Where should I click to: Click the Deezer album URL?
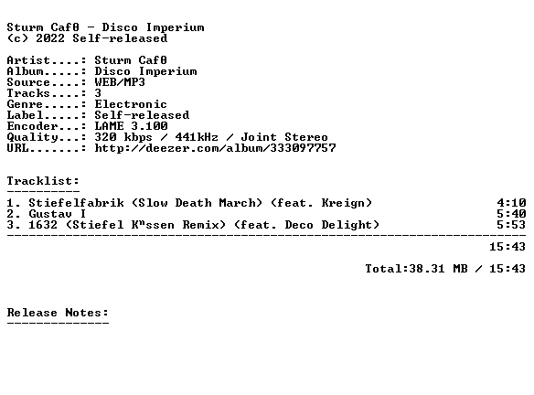[x=215, y=148]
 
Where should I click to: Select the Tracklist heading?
[x=43, y=181]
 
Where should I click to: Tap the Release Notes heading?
[x=58, y=313]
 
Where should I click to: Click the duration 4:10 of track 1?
[x=511, y=203]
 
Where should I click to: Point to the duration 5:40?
[x=511, y=214]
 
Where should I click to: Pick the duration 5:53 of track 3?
[x=511, y=225]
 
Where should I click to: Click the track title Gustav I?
[x=58, y=214]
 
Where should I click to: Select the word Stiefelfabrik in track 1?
[x=76, y=203]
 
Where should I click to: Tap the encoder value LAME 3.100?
[x=131, y=126]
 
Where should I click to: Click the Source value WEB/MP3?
[x=120, y=82]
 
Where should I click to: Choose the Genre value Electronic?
[x=131, y=104]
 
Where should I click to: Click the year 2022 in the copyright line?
[x=50, y=38]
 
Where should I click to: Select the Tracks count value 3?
[x=98, y=93]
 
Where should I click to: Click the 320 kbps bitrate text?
[x=123, y=137]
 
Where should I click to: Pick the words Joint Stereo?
[x=284, y=137]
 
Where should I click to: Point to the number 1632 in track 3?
[x=43, y=225]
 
